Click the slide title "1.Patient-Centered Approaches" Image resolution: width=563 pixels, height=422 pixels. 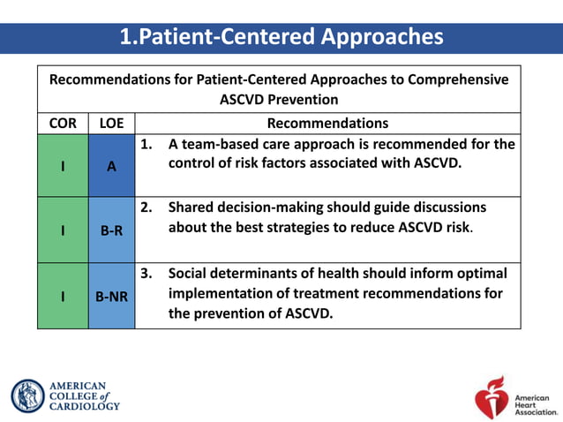[x=281, y=37]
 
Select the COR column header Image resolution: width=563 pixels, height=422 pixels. [x=63, y=124]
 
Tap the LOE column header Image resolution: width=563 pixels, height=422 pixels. [x=111, y=124]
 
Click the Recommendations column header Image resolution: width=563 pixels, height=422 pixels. [x=327, y=124]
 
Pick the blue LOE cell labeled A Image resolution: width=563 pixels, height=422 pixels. [x=111, y=165]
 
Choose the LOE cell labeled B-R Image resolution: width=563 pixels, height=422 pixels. [x=111, y=230]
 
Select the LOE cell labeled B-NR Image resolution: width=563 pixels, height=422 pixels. [x=111, y=297]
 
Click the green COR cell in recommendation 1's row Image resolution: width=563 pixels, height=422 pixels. [x=63, y=165]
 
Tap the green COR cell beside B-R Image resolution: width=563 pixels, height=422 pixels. [x=63, y=230]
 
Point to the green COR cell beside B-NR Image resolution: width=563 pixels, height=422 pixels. [x=63, y=297]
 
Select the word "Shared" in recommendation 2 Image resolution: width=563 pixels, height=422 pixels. [x=191, y=207]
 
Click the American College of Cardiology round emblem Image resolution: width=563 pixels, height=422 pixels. [x=27, y=396]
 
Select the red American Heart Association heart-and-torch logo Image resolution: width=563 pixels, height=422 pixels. [x=491, y=396]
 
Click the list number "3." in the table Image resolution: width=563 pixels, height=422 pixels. [x=147, y=273]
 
